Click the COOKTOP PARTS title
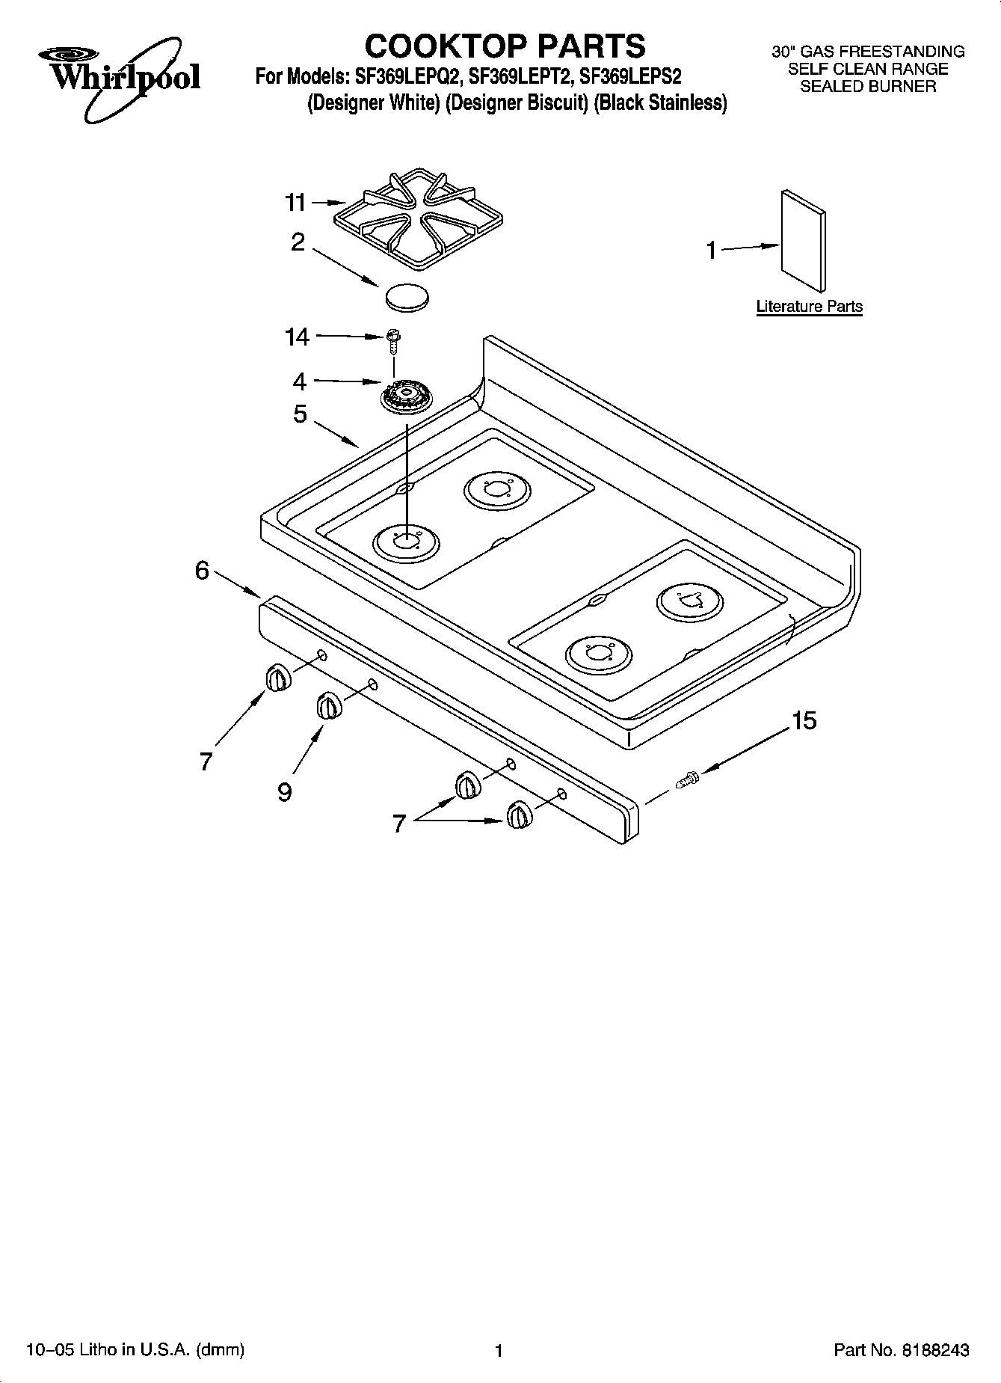pyautogui.click(x=505, y=46)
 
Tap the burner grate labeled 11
pyautogui.click(x=417, y=220)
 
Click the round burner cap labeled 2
pyautogui.click(x=407, y=296)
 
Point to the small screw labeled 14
pyautogui.click(x=391, y=340)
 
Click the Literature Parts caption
pyautogui.click(x=809, y=306)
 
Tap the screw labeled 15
pyautogui.click(x=687, y=780)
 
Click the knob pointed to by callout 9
pyautogui.click(x=327, y=705)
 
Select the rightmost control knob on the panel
pyautogui.click(x=518, y=814)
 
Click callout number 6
pyautogui.click(x=202, y=571)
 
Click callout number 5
pyautogui.click(x=300, y=414)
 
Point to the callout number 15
pyautogui.click(x=804, y=721)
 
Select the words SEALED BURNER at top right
pyautogui.click(x=868, y=86)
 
